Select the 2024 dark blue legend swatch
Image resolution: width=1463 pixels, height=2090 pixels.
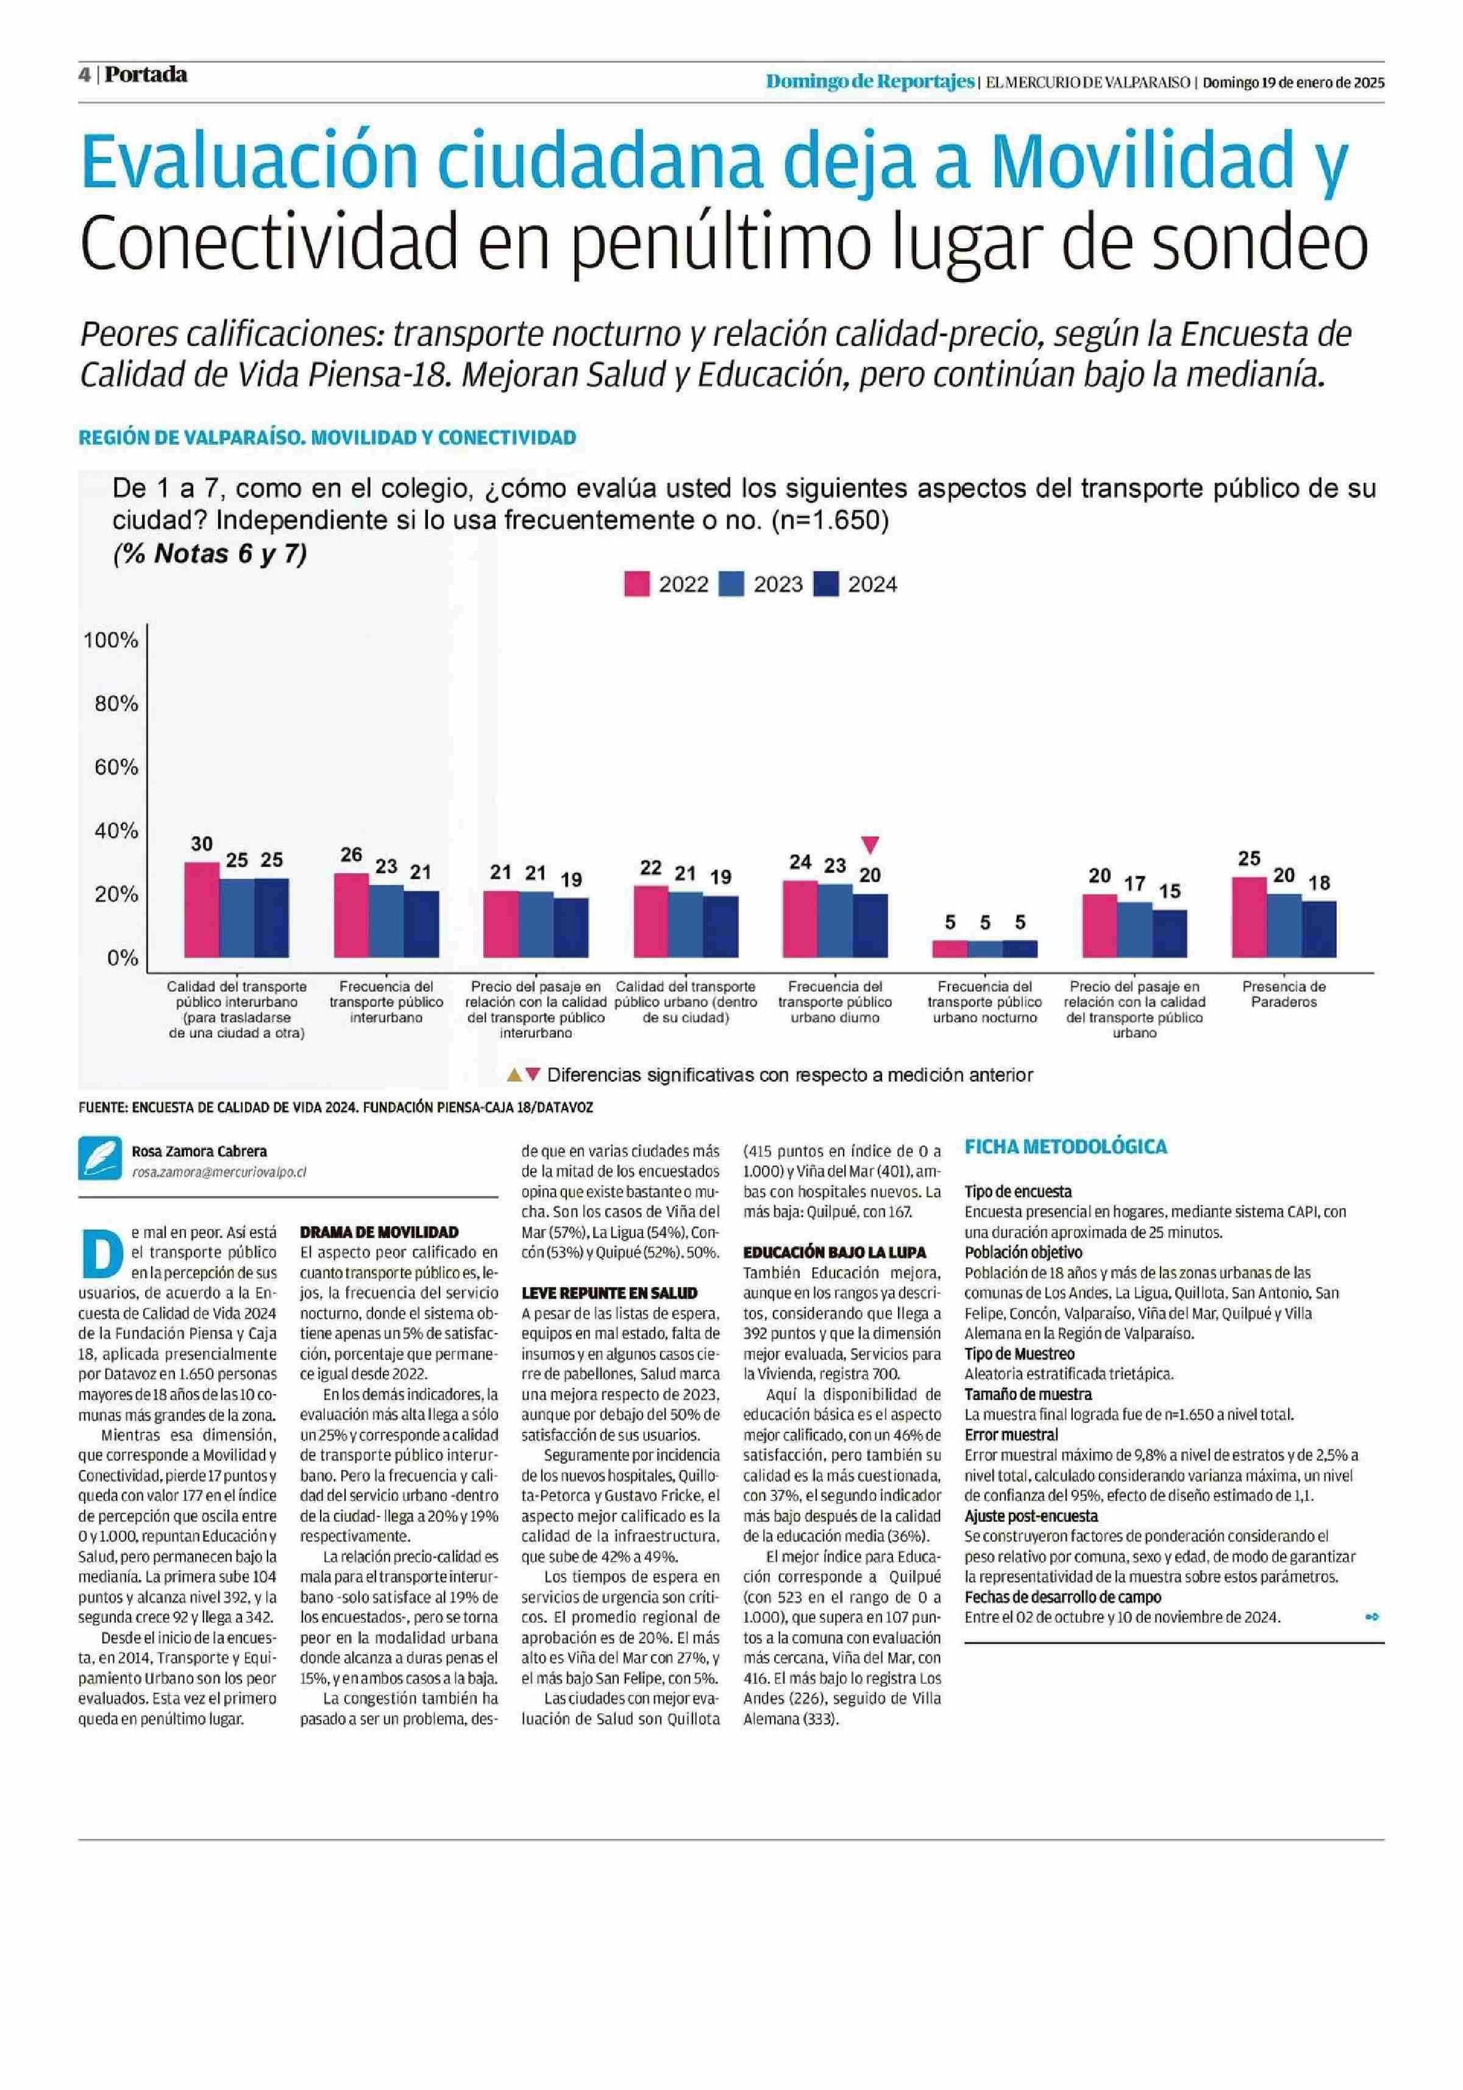(825, 584)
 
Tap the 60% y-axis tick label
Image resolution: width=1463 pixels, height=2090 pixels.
(116, 767)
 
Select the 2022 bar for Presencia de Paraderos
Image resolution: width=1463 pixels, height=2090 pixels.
(1248, 916)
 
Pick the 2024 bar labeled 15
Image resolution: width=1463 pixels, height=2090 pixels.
(1169, 933)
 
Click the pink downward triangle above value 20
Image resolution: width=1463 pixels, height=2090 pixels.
(870, 845)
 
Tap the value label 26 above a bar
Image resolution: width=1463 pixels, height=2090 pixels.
(351, 854)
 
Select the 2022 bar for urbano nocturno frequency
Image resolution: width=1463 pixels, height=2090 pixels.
(950, 949)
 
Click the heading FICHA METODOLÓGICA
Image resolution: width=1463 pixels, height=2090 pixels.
(1065, 1146)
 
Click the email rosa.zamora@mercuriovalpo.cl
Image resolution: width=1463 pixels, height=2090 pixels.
(218, 1172)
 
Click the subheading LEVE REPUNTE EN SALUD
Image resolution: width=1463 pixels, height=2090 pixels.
(609, 1292)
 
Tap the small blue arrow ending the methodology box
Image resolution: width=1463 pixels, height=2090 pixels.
(1372, 1617)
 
